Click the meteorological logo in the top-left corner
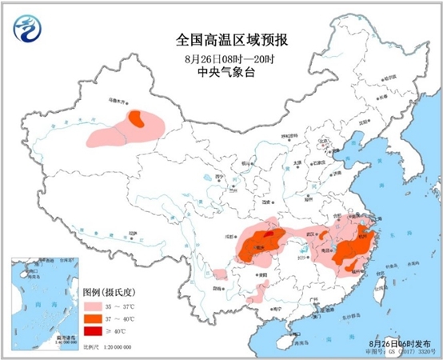tap(28, 31)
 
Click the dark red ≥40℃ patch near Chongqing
tap(267, 234)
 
